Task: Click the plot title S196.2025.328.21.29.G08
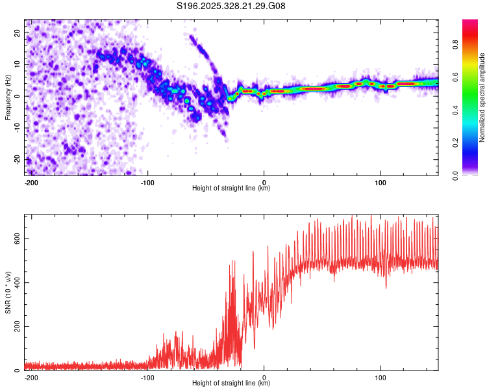tap(231, 6)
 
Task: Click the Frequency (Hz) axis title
tap(8, 97)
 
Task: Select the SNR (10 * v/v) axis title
tap(8, 292)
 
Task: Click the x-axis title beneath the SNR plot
tap(231, 383)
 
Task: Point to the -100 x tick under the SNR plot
tap(147, 377)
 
